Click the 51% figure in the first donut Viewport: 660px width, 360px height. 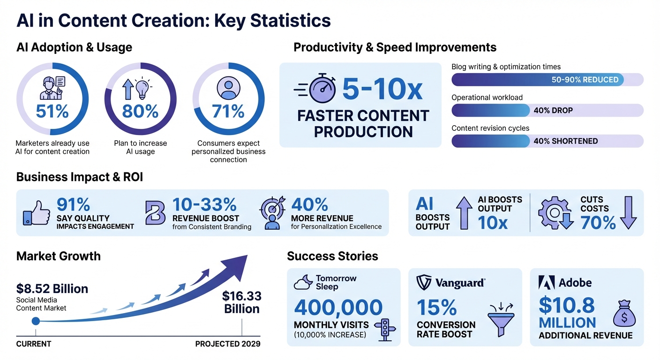[x=52, y=111]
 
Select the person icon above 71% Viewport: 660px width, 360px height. [x=229, y=88]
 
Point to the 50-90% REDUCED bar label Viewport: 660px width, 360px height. [x=585, y=80]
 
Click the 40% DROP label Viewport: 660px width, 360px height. [x=553, y=111]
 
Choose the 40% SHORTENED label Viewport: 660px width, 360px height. [x=565, y=141]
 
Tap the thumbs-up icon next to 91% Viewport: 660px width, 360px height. [x=36, y=213]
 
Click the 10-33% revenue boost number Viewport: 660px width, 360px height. [x=204, y=204]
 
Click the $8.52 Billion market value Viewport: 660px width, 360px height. [x=52, y=288]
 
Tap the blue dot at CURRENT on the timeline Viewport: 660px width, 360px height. [x=35, y=321]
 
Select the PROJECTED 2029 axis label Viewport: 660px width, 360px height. [x=227, y=344]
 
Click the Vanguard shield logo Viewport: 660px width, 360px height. [x=424, y=282]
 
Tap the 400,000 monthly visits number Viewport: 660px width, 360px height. [x=338, y=307]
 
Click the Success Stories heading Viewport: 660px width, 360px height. [x=332, y=256]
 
